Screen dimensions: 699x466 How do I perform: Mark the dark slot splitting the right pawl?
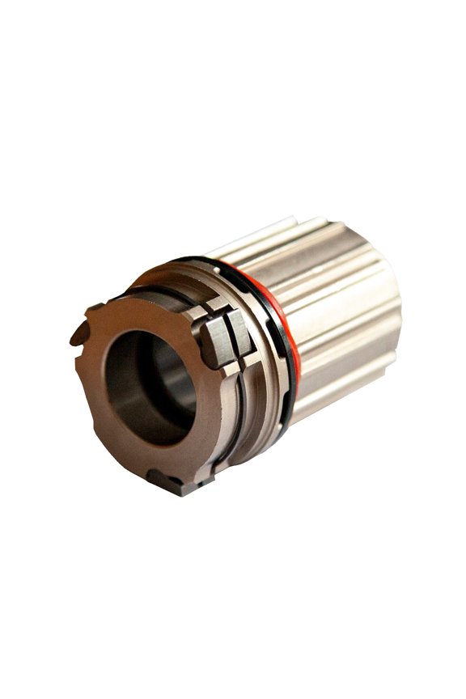pyautogui.click(x=227, y=334)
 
